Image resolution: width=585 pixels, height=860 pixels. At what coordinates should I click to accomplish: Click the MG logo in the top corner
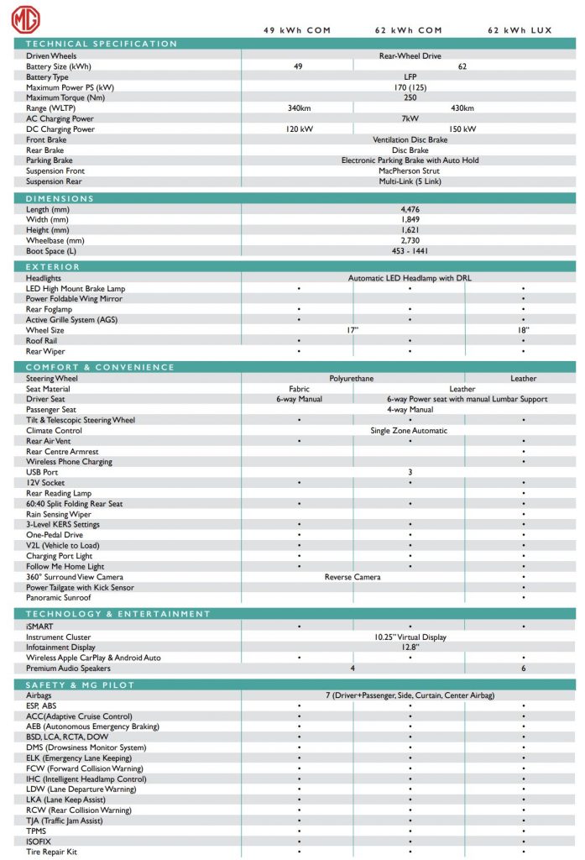pos(26,20)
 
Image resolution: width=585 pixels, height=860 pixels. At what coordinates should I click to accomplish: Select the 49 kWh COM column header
pos(297,30)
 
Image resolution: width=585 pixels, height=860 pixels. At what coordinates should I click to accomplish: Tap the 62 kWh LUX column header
pos(520,30)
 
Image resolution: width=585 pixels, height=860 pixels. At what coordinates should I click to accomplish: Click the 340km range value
pos(299,108)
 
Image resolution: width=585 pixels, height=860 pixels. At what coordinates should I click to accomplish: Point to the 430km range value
pos(462,108)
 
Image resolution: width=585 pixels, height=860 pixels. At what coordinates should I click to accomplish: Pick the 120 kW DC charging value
pos(299,129)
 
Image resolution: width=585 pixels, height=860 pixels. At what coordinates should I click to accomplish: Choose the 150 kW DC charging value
pos(462,129)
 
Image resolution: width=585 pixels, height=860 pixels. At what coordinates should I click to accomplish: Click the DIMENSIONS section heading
pos(60,199)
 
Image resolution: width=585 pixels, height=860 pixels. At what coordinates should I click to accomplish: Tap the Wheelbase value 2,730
pos(410,240)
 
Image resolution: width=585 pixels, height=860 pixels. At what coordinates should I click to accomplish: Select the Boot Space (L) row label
pos(51,250)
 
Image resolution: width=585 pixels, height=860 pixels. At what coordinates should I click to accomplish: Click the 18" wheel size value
pos(523,330)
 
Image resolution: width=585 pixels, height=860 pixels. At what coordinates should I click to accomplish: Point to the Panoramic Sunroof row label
pos(58,598)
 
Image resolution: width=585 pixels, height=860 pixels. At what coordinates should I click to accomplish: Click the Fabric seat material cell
pos(299,389)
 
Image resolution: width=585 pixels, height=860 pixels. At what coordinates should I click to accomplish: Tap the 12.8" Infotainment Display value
pos(410,648)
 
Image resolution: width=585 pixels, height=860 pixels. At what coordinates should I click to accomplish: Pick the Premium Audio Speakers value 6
pos(523,669)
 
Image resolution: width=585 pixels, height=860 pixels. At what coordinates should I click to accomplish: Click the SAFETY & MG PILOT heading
pos(81,685)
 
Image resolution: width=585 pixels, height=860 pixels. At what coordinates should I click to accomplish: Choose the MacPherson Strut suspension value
pos(410,170)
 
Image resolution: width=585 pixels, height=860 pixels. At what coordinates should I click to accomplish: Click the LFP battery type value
pos(410,76)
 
